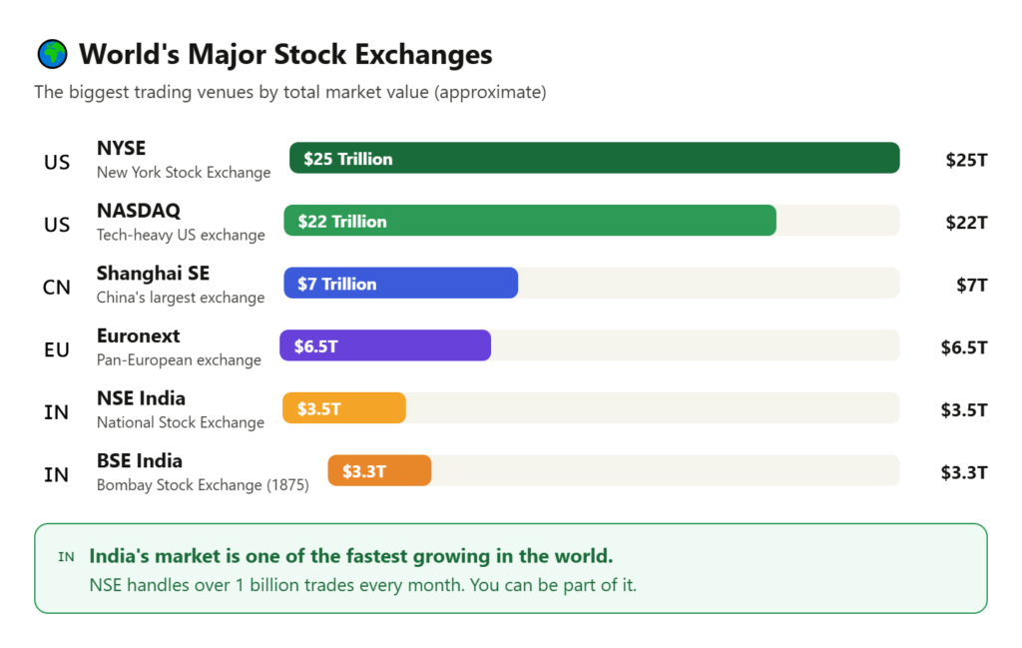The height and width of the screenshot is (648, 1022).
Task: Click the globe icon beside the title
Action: [x=52, y=54]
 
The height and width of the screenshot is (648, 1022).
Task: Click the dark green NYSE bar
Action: [x=594, y=158]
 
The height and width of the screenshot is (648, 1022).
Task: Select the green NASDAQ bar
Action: [x=529, y=221]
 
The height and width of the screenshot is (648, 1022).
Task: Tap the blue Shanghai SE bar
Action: [x=400, y=284]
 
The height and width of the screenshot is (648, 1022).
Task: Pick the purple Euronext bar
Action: [x=385, y=345]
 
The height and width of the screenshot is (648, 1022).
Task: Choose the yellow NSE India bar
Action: [x=344, y=408]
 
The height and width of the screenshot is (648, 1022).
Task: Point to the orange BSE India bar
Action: [x=379, y=470]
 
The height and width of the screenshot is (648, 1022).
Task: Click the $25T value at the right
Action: [x=966, y=160]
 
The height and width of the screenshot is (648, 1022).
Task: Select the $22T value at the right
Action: [x=966, y=223]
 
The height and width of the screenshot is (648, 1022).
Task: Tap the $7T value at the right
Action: [x=971, y=285]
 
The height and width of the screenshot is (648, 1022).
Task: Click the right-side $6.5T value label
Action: [x=963, y=347]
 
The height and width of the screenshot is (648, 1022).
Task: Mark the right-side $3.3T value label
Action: [x=963, y=472]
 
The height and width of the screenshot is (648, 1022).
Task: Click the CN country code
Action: [x=57, y=288]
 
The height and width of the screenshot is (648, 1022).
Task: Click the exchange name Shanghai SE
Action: [x=153, y=274]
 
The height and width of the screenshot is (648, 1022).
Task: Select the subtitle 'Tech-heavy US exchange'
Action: [x=181, y=236]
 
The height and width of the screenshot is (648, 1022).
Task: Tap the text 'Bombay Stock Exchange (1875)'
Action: [x=203, y=485]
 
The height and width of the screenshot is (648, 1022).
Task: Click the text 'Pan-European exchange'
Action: [x=179, y=360]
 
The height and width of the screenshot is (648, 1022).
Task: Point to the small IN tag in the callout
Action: [x=66, y=557]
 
